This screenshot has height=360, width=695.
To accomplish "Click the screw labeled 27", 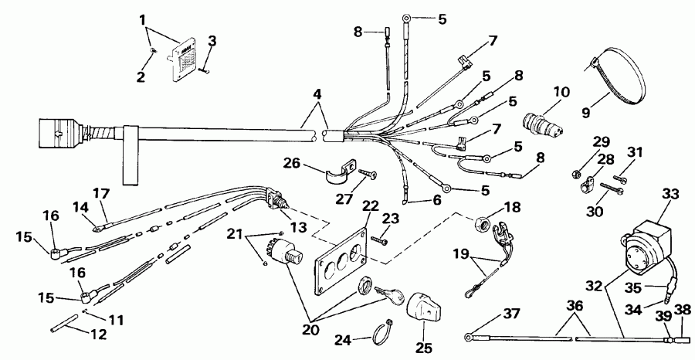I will [371, 175].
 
